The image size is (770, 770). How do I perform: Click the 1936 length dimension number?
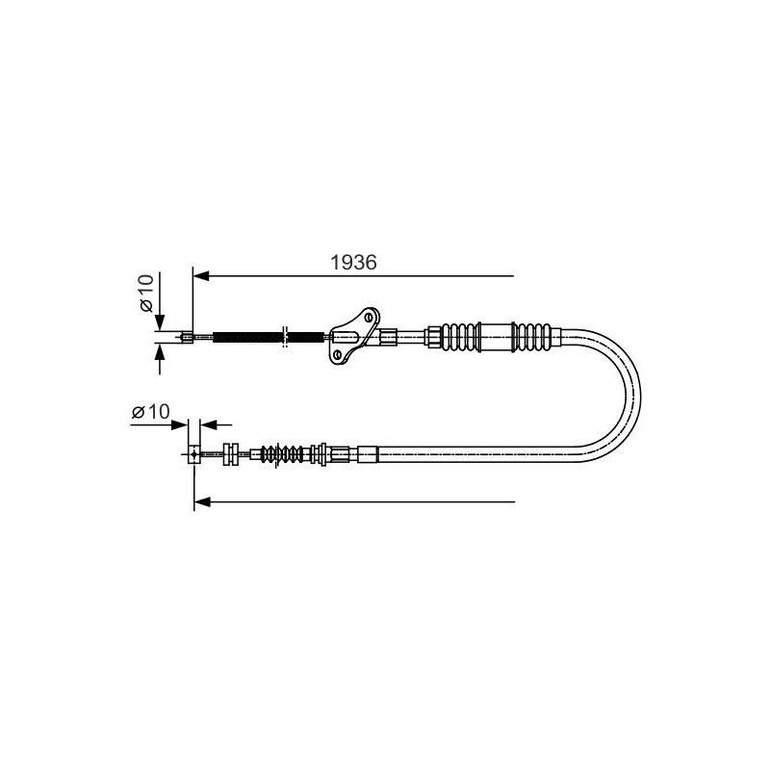(353, 262)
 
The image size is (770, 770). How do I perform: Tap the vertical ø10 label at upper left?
(147, 294)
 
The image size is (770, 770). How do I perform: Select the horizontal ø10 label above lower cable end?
(151, 411)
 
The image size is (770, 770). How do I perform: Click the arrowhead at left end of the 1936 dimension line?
(201, 276)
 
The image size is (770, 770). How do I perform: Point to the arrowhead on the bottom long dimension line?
(202, 501)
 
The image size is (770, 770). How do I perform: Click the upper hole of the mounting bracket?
(369, 317)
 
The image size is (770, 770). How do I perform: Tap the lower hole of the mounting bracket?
(337, 354)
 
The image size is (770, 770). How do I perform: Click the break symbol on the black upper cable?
(285, 336)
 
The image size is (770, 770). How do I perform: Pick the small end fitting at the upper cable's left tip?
(187, 337)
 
